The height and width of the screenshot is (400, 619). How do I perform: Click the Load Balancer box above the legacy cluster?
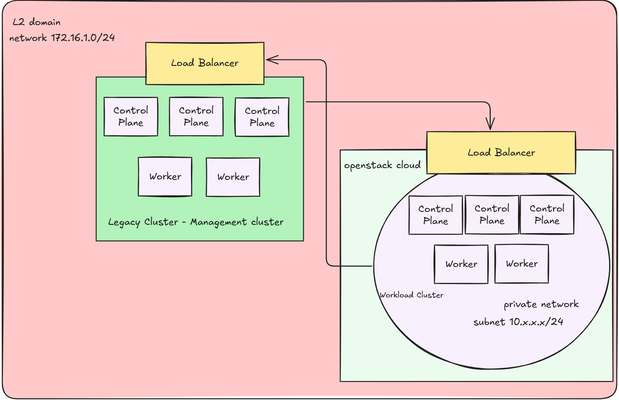204,63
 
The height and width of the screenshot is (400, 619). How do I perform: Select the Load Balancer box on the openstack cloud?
501,153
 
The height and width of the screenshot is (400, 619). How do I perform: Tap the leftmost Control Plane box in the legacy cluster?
131,117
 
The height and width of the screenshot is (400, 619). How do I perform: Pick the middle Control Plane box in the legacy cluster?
196,117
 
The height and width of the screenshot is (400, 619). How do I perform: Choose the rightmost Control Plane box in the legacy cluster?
262,117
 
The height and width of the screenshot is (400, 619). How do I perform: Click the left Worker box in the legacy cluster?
165,176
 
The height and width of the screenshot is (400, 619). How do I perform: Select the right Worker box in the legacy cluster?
233,177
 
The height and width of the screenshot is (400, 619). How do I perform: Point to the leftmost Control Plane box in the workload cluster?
435,215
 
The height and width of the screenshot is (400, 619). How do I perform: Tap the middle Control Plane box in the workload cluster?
492,214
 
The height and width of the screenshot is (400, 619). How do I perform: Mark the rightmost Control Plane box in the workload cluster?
547,214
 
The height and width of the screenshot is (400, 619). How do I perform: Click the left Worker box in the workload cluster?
461,264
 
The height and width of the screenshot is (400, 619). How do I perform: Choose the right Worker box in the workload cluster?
521,264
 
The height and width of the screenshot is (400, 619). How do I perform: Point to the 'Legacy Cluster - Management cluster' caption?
196,222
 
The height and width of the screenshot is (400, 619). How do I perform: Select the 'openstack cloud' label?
382,166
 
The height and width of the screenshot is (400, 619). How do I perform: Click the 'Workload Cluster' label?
411,295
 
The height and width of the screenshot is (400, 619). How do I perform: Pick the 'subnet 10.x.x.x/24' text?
518,322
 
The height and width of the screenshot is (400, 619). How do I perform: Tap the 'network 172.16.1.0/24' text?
62,38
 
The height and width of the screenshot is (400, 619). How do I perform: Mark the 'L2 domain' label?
37,22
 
